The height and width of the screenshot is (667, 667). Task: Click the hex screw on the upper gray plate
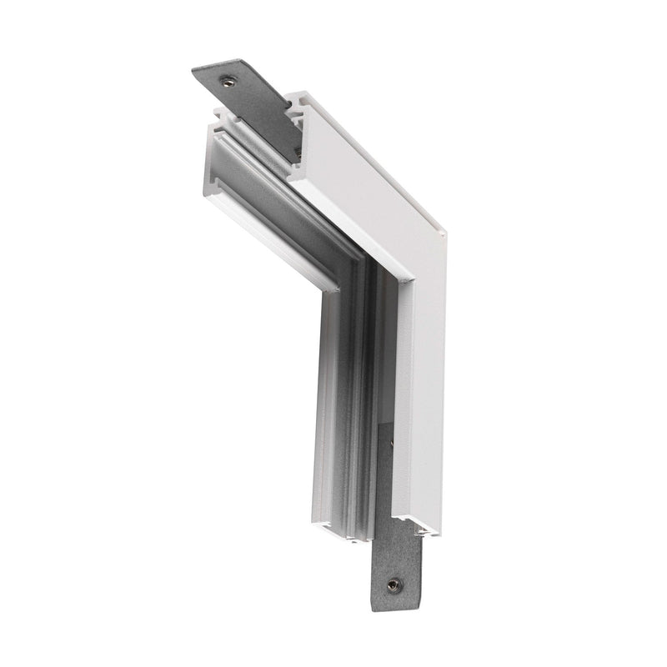coord(227,81)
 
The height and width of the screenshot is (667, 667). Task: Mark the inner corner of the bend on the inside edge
coord(340,291)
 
